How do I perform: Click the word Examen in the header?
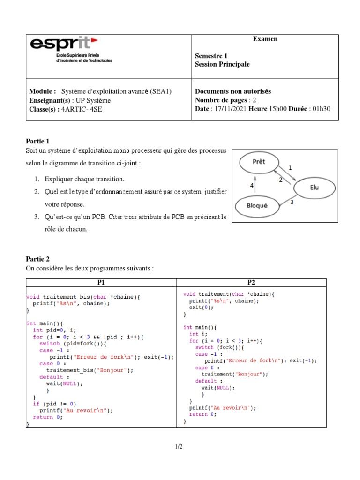click(265, 39)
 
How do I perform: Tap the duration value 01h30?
click(321, 109)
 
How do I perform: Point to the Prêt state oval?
click(258, 162)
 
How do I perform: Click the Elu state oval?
click(314, 187)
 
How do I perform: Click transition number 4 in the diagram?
click(252, 186)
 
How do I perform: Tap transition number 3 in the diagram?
click(292, 202)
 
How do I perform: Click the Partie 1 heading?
click(37, 141)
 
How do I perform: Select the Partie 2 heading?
click(37, 259)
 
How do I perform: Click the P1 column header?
click(101, 282)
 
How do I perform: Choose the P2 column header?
click(251, 282)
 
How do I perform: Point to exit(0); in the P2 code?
click(201, 307)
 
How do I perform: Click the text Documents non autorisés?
click(233, 91)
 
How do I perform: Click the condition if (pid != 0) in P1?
click(54, 404)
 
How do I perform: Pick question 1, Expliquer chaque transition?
click(85, 179)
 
